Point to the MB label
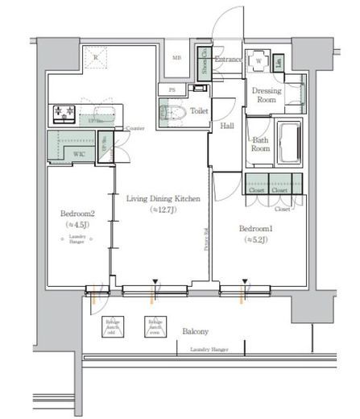176,58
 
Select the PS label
171,89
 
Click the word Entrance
229,59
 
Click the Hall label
226,126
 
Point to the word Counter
135,128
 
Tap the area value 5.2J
257,239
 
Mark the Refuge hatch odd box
112,326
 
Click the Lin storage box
277,62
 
